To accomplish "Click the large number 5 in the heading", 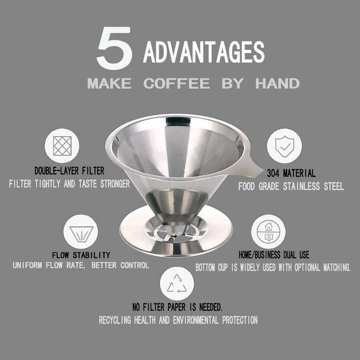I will (114, 49).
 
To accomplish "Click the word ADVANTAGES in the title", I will (204, 52).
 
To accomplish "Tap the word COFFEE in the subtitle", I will (176, 84).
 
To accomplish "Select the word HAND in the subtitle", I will (277, 84).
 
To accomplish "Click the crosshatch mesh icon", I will (62, 146).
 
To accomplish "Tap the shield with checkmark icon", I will (284, 146).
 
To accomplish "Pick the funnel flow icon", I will (81, 232).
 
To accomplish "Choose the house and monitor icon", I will (268, 232).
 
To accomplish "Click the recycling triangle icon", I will (177, 283).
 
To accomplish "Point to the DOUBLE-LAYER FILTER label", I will (69, 170).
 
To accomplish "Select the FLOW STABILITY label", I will (81, 255).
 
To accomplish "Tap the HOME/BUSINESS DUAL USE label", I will (274, 255).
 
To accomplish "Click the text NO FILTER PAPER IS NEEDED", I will (177, 307).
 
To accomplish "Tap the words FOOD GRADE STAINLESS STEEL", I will (291, 186).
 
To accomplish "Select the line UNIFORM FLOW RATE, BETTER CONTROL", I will (81, 266).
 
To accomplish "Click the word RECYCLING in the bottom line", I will (115, 320).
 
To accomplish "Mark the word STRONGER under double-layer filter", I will (114, 184).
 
